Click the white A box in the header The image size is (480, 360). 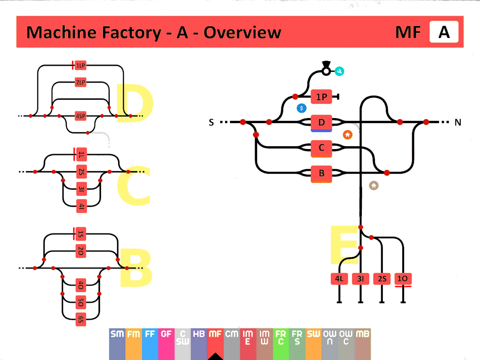444,32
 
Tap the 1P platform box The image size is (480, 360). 321,97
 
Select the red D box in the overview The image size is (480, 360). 321,122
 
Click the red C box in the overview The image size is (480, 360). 321,148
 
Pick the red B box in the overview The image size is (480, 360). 321,173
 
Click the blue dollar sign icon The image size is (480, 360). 301,108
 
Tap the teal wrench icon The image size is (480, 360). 339,71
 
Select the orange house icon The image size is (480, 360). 347,135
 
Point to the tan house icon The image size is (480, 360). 373,185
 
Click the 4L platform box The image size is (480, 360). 339,279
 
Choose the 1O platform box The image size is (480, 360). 403,279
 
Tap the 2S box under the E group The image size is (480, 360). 382,279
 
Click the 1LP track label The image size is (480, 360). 81,65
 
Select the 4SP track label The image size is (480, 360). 81,116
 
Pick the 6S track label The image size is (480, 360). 81,319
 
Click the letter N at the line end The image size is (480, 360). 457,122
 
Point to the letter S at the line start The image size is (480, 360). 211,122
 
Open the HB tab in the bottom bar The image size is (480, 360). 199,334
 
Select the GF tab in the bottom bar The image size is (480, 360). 166,334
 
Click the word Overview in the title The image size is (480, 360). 242,32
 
